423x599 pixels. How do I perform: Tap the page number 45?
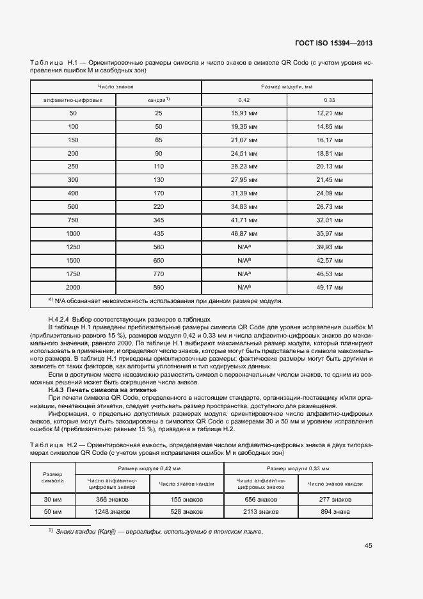(x=368, y=546)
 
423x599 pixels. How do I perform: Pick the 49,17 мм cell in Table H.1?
(x=330, y=288)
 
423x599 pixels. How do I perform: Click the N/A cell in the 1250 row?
(x=243, y=247)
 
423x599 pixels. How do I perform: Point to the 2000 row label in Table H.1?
(x=73, y=288)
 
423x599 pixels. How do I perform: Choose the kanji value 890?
(x=159, y=288)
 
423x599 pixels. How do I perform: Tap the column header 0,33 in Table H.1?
(x=330, y=100)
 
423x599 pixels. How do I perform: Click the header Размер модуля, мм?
(x=286, y=86)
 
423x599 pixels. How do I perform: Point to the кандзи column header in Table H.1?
(x=159, y=100)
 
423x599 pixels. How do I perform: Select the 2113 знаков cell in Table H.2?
(x=260, y=512)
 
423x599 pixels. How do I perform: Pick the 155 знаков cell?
(x=186, y=498)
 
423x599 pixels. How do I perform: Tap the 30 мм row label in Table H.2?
(x=52, y=498)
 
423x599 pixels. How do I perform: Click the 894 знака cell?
(x=335, y=512)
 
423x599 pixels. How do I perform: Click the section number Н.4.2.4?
(x=60, y=318)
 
